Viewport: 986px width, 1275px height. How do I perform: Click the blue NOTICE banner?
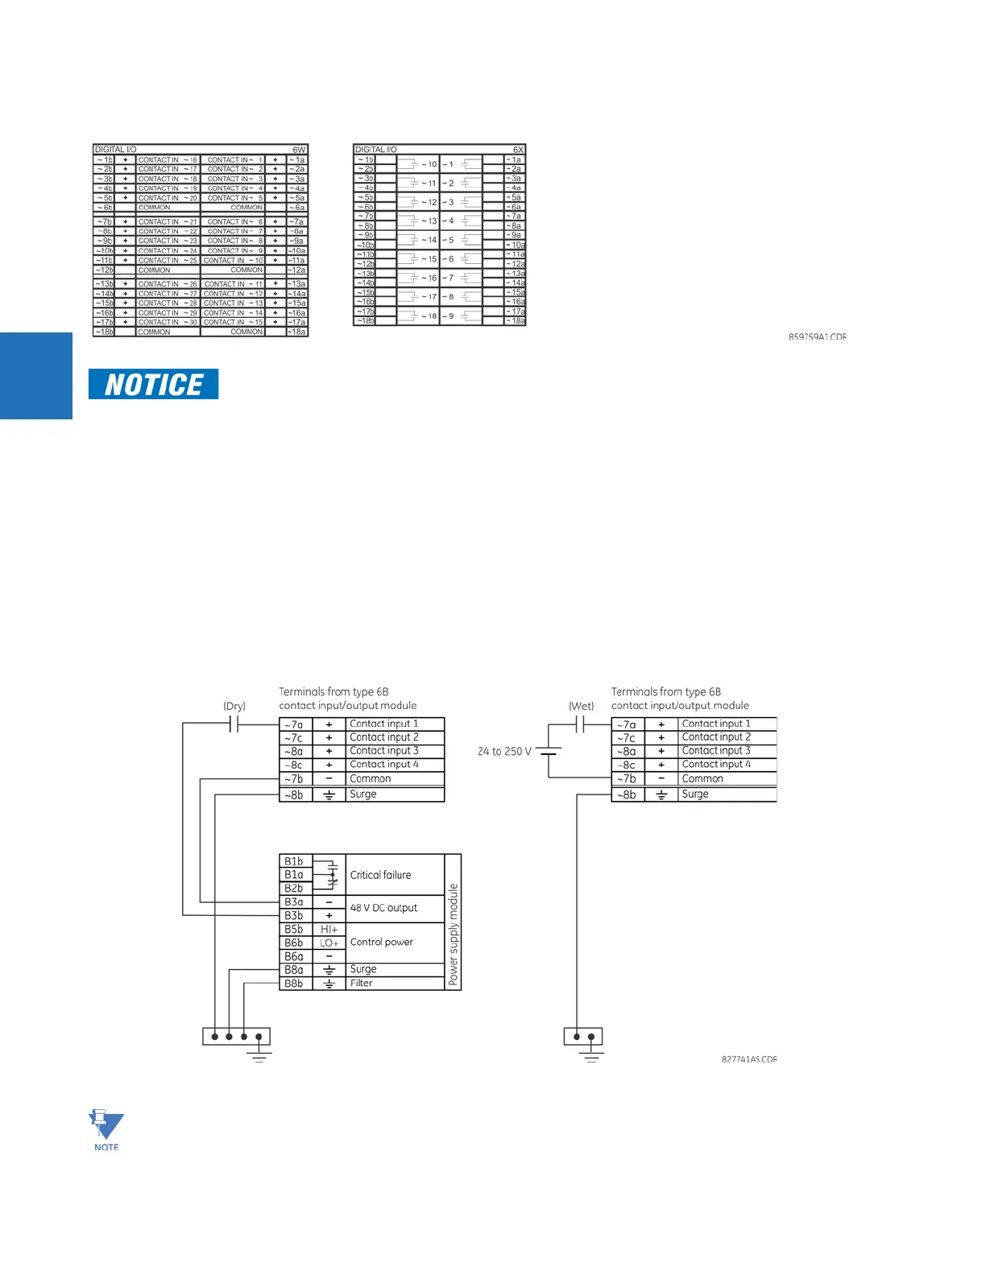[153, 385]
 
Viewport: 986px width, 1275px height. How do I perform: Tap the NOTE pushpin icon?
[106, 1126]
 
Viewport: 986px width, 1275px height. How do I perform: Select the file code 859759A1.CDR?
[817, 336]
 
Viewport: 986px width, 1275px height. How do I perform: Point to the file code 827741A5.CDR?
[748, 1059]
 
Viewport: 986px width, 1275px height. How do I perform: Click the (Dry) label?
[234, 706]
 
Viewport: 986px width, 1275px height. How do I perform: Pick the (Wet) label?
[581, 706]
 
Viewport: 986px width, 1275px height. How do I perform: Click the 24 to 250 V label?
[504, 751]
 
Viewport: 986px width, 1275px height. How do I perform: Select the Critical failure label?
[380, 875]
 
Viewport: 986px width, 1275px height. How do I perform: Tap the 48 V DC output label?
[383, 908]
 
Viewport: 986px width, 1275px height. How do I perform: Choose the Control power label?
[382, 942]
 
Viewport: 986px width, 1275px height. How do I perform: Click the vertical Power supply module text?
[454, 935]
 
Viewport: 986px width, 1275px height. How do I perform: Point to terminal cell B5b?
[294, 929]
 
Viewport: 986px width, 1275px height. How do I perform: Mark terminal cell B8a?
[294, 970]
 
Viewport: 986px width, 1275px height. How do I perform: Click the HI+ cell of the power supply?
[329, 929]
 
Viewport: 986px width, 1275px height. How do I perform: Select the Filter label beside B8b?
[362, 983]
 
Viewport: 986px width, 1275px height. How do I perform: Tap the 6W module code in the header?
[299, 150]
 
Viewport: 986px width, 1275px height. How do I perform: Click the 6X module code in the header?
[518, 150]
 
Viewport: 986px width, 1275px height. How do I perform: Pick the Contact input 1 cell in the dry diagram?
[384, 724]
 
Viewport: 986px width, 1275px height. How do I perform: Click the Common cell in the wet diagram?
[702, 778]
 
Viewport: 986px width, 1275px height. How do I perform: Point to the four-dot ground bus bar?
[236, 1036]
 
